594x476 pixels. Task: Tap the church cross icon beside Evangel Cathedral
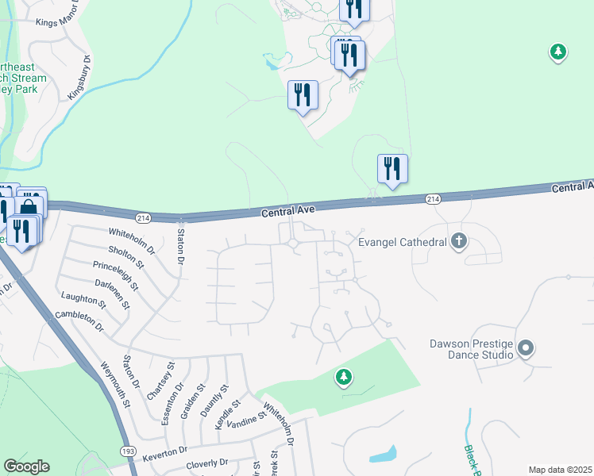click(458, 240)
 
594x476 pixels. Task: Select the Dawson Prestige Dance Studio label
click(472, 350)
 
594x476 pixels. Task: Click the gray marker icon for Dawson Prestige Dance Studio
click(525, 347)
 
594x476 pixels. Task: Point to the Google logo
click(26, 466)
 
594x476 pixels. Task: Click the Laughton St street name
click(83, 300)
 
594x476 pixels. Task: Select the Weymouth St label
click(116, 386)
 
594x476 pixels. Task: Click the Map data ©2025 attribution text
click(560, 470)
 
